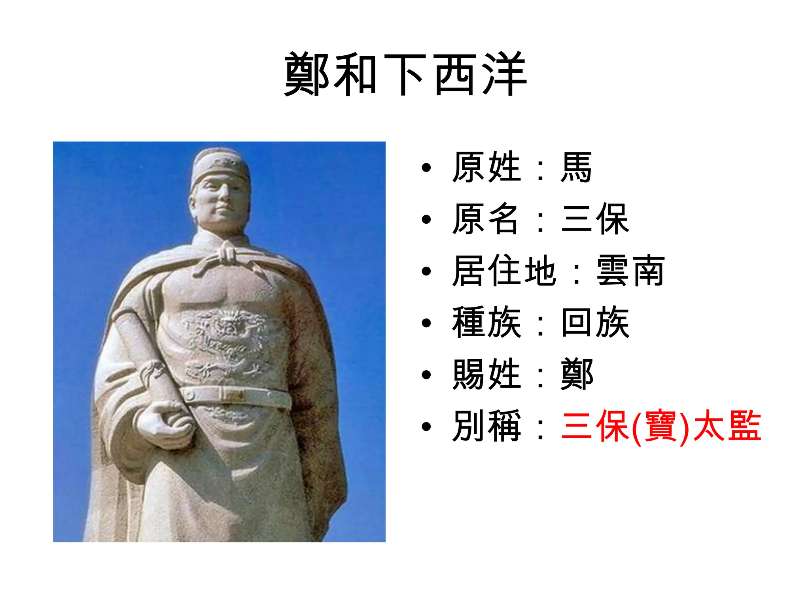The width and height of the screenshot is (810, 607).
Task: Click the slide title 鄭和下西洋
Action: (405, 74)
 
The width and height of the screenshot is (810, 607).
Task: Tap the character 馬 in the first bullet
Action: (576, 168)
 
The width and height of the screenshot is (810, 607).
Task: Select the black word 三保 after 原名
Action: (594, 219)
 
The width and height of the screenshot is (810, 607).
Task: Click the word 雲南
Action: (630, 271)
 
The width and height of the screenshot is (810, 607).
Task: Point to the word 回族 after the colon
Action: (595, 322)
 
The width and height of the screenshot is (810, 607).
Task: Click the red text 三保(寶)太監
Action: (660, 426)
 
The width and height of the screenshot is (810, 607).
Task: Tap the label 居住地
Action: (504, 271)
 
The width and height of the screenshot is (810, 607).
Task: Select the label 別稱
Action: (486, 426)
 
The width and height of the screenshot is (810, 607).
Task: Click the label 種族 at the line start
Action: (486, 322)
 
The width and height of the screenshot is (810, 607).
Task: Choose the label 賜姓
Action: (486, 374)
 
